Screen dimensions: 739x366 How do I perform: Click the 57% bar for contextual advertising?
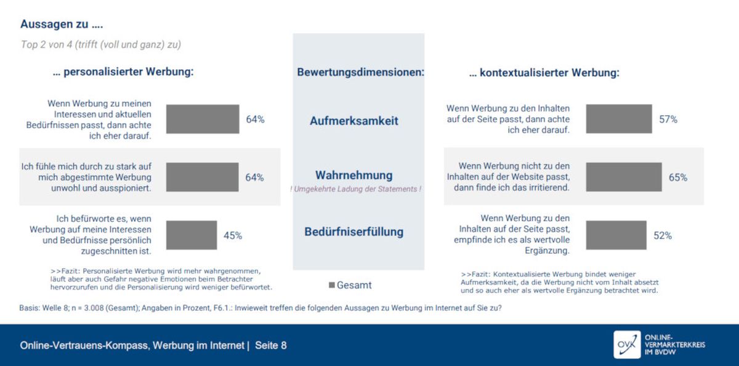619,119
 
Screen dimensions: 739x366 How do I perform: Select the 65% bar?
624,177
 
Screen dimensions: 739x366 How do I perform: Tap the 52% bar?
616,235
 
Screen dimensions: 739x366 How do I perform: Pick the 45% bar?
192,235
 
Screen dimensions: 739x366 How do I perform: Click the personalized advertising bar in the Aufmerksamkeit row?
203,119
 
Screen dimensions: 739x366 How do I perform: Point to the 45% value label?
233,235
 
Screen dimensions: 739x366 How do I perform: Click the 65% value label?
678,177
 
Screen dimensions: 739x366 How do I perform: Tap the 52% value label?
663,235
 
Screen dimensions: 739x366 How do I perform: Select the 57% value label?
668,119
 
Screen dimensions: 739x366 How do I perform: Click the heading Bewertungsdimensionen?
361,72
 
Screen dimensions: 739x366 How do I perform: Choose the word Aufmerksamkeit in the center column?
354,121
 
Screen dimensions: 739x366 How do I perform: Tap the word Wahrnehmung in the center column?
354,175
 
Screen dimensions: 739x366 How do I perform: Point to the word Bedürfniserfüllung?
354,232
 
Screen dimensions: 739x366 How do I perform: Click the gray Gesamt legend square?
332,285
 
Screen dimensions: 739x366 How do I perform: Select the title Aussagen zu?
62,24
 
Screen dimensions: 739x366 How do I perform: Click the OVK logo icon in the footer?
627,344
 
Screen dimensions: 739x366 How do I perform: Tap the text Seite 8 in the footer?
271,346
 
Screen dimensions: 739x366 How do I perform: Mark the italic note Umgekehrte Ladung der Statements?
356,189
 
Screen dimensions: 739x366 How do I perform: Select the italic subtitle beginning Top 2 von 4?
101,44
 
